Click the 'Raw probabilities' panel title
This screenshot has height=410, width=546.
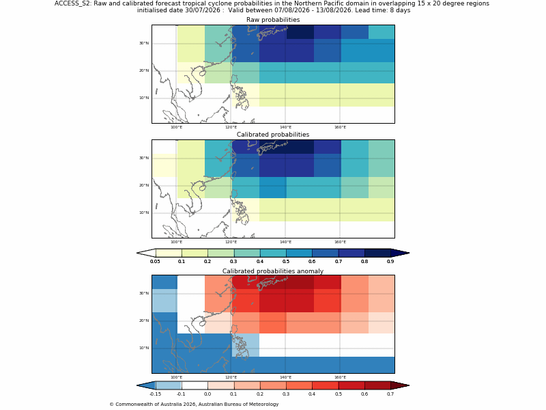click(x=273, y=20)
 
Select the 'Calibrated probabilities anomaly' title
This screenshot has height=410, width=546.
click(x=273, y=271)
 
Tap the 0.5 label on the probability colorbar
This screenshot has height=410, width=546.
click(x=286, y=262)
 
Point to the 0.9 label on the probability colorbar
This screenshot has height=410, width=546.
click(x=390, y=262)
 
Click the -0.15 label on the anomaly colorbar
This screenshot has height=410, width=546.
click(x=155, y=394)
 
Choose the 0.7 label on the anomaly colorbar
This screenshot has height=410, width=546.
click(x=390, y=394)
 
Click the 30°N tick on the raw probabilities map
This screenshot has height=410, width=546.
click(x=144, y=43)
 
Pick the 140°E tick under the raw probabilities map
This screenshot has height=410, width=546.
click(x=285, y=127)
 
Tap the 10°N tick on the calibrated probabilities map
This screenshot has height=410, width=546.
click(x=144, y=213)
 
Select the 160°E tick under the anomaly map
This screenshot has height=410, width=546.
click(x=340, y=377)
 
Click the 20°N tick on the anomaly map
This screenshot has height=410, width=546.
click(x=144, y=320)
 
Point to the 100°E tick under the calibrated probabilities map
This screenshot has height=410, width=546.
click(x=176, y=242)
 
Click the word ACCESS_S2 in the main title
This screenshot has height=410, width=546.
click(x=72, y=3)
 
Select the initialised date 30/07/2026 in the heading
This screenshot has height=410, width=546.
click(x=203, y=10)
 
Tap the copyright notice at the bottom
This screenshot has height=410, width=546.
click(x=194, y=405)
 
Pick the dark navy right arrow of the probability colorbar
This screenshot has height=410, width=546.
click(x=400, y=253)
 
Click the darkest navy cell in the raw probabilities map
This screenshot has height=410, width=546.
click(x=300, y=32)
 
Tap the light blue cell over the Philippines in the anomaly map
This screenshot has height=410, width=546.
click(x=246, y=345)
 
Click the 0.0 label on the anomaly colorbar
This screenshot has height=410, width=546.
click(x=207, y=394)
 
